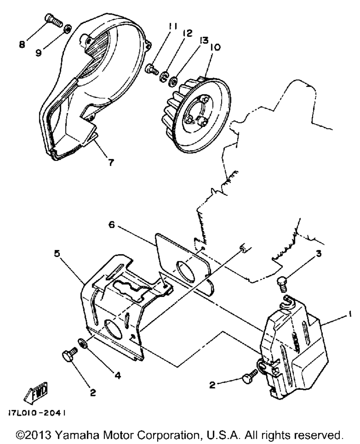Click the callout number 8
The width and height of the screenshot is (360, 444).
coord(22,45)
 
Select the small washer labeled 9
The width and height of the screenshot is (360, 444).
coord(67,28)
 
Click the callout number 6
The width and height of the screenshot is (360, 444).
coord(112,225)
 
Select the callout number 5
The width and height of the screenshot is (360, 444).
coord(57,253)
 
